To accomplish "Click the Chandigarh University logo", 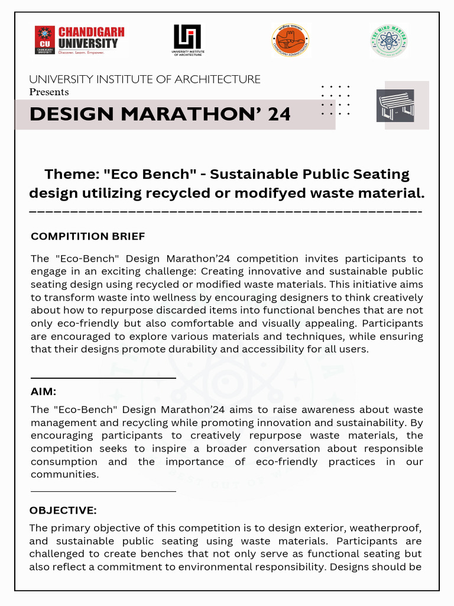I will point(80,40).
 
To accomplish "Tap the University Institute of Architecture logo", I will point(187,40).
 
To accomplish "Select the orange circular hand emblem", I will point(290,40).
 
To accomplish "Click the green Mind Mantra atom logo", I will point(389,40).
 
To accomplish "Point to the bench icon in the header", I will point(395,105).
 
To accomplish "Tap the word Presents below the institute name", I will point(49,92).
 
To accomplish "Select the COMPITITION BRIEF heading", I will point(87,237).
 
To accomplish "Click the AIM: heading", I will point(43,391).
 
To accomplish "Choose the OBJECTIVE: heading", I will point(63,510).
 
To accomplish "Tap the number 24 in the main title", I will point(279,114).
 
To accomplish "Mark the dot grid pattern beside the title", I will point(335,100).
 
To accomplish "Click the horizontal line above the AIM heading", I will point(103,378).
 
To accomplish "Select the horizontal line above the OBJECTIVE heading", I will point(103,491).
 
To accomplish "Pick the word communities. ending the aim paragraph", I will point(64,474).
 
